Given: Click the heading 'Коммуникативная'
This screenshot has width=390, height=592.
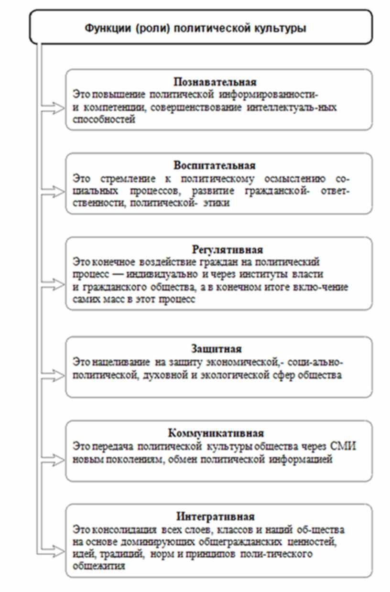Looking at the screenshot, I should tap(216, 433).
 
